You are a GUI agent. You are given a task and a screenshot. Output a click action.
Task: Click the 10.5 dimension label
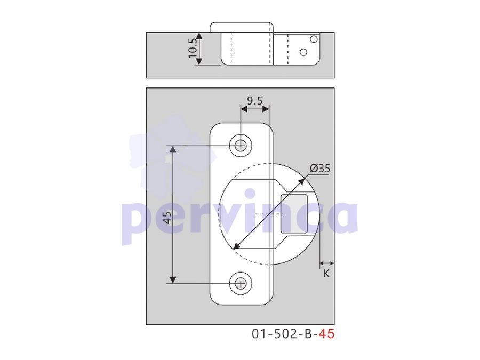[x=193, y=48]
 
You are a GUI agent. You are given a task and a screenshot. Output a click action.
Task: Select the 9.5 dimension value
[x=255, y=100]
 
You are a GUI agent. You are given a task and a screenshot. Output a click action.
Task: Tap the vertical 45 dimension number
[x=167, y=218]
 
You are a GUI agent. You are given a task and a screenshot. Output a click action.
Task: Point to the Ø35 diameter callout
[x=320, y=169]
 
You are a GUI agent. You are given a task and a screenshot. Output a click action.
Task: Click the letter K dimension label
[x=326, y=274]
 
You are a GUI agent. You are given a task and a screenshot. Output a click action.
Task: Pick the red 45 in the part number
[x=326, y=334]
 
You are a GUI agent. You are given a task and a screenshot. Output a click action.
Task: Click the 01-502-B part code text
[x=282, y=334]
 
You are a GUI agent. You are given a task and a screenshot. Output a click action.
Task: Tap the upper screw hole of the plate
[x=241, y=145]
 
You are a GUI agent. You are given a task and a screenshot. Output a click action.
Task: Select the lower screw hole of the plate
[x=241, y=284]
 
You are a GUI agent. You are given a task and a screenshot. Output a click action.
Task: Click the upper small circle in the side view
[x=314, y=39]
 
